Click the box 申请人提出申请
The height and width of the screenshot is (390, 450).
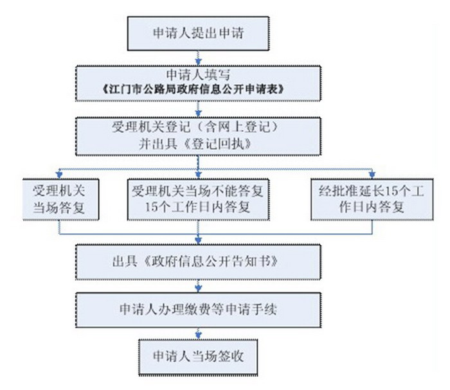coord(198,32)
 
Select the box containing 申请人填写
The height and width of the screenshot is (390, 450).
coord(198,80)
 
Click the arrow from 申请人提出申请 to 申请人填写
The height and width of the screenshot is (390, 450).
coord(198,58)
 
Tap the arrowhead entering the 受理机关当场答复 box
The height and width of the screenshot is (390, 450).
coord(60,173)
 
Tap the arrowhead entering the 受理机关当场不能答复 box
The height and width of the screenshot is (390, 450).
coord(198,173)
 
